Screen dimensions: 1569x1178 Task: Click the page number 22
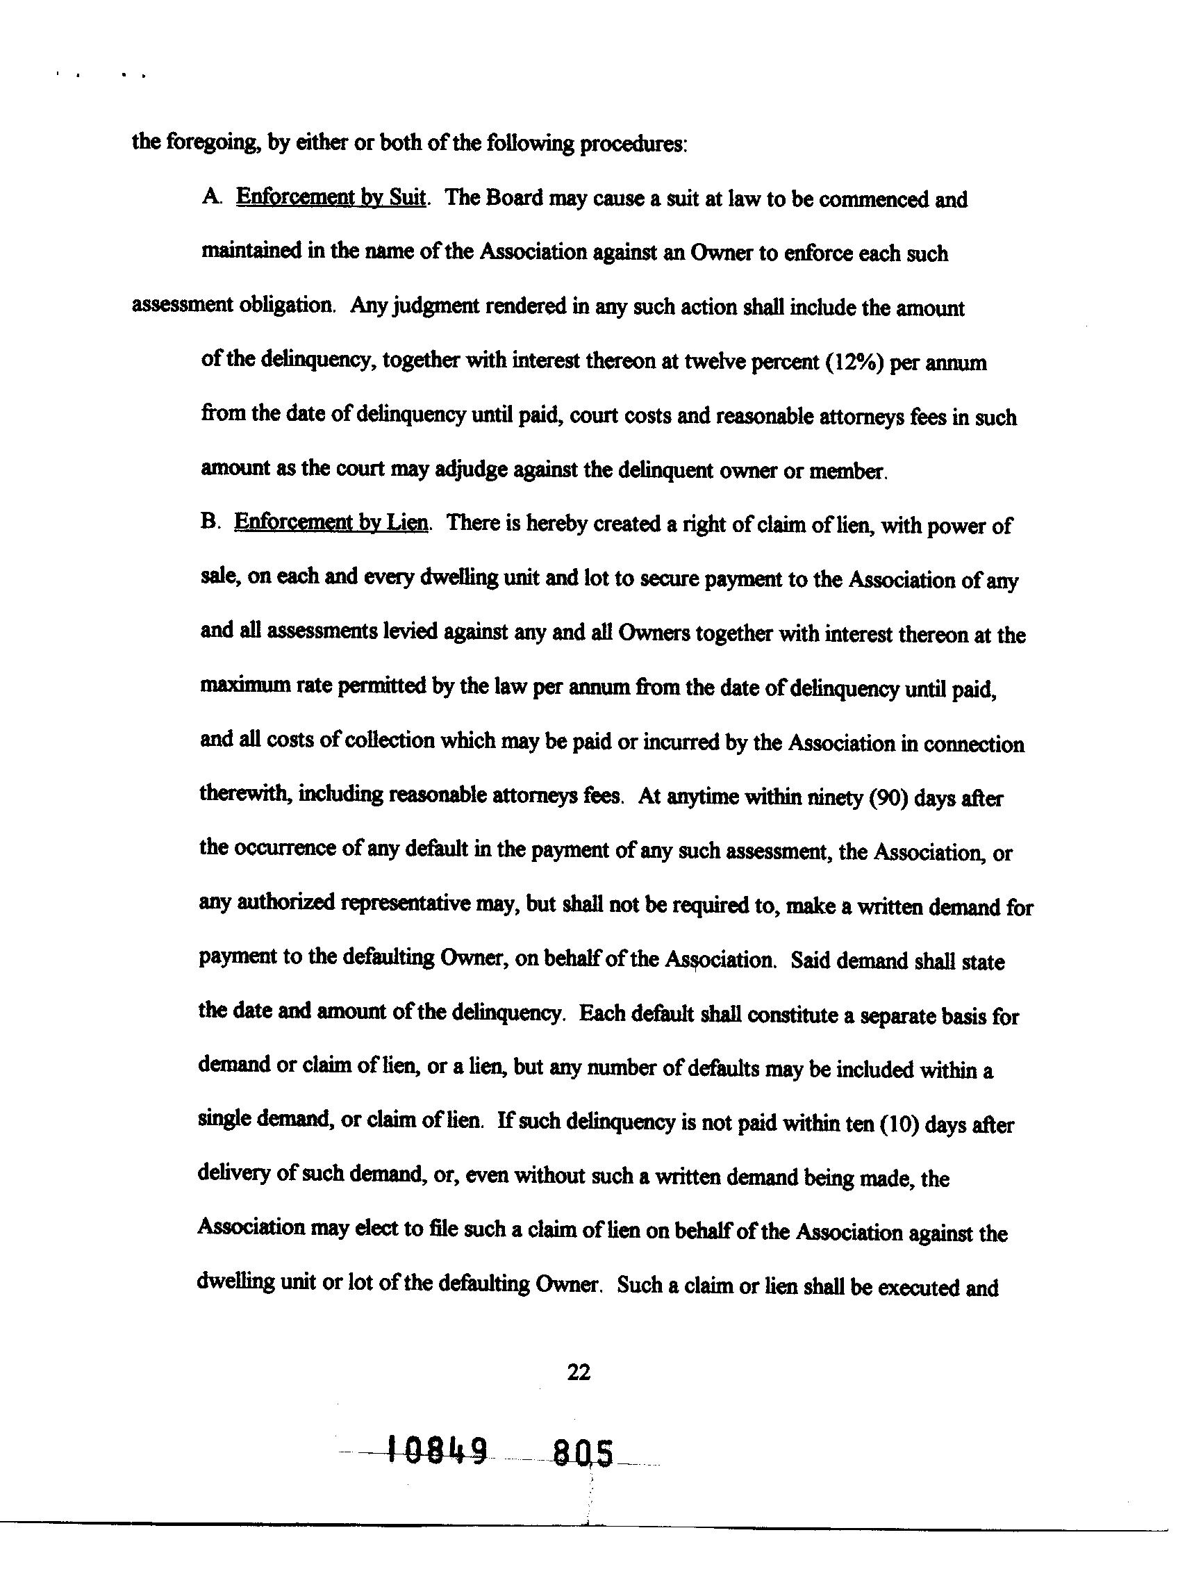578,1372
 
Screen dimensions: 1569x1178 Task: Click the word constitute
792,1015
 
